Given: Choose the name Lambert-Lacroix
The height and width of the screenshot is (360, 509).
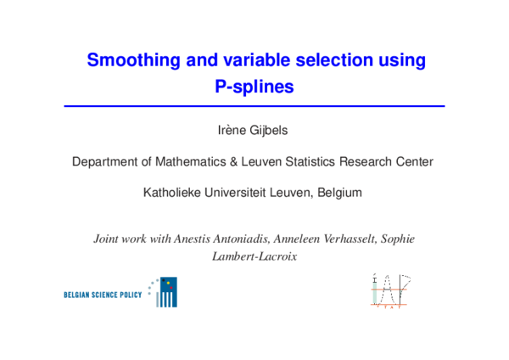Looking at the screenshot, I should tap(255, 255).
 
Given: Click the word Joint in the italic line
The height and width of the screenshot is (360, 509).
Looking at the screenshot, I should tap(107, 239).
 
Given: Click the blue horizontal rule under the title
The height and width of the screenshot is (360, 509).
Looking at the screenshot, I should tap(255, 105).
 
